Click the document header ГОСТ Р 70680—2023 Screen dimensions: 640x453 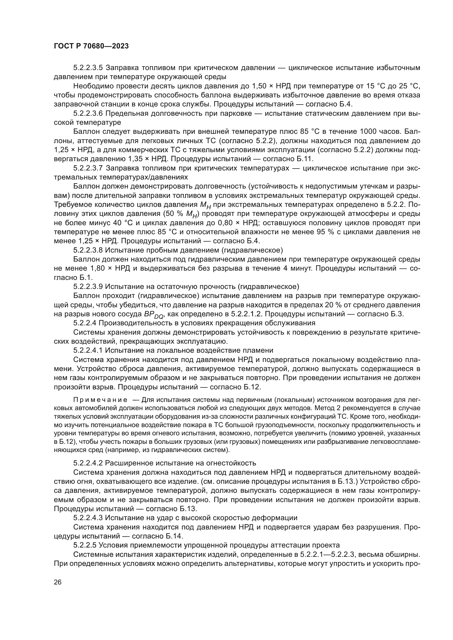(91, 46)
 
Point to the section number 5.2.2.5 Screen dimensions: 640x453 (85, 545)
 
